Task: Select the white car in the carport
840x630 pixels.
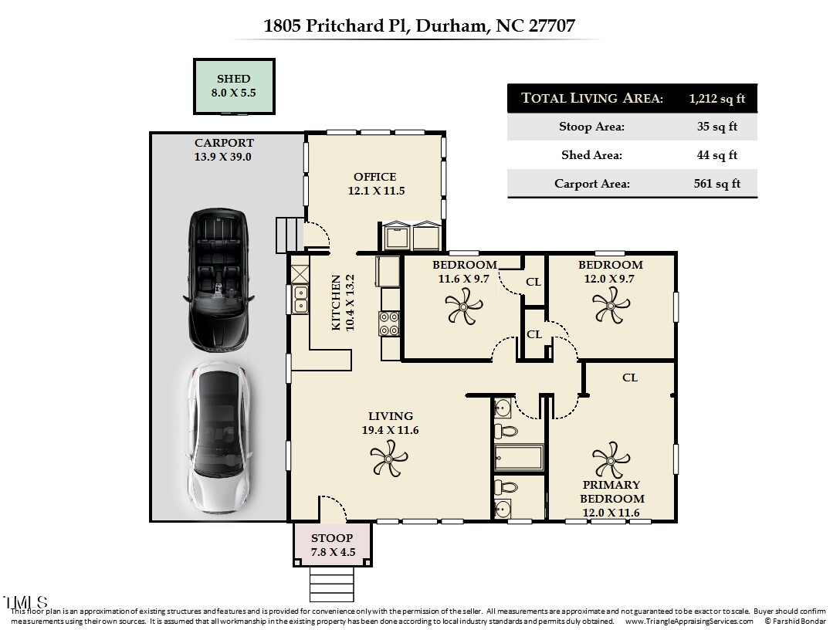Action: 219,440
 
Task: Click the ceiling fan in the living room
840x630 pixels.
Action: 389,462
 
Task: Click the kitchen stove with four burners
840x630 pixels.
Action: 389,323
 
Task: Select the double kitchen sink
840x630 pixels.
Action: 300,299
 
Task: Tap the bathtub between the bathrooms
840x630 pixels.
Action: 518,457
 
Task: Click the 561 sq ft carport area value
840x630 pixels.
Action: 718,184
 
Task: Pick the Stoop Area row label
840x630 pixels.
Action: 591,127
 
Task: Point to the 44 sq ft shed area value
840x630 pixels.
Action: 716,155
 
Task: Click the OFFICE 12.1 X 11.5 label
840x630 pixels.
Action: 374,184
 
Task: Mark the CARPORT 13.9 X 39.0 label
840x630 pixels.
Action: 223,150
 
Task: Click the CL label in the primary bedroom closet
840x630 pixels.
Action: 630,378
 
